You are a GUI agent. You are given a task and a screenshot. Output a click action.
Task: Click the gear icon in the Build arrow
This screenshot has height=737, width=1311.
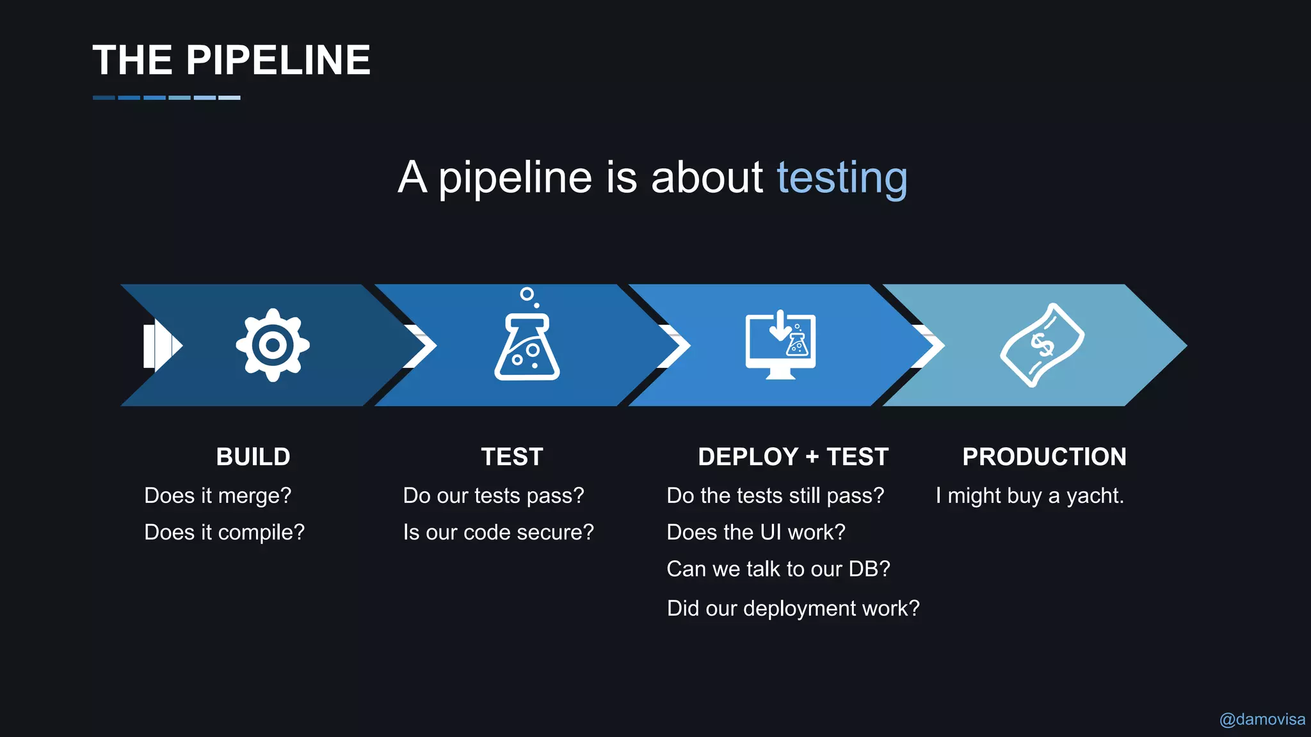click(x=273, y=345)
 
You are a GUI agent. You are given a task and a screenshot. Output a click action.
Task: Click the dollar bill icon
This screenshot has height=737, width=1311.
click(x=1042, y=345)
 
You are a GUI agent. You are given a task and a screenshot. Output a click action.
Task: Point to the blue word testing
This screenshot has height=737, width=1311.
click(x=842, y=177)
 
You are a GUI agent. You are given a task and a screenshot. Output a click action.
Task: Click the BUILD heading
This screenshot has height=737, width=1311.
click(x=253, y=457)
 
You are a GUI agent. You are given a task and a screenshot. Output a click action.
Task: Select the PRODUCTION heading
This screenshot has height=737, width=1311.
click(x=1044, y=457)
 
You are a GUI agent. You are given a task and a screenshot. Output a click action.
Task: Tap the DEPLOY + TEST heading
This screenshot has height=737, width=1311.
click(x=793, y=457)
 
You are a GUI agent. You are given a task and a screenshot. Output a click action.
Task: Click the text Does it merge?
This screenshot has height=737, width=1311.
click(x=218, y=496)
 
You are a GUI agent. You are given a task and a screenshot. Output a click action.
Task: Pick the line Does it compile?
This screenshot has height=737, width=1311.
click(x=224, y=532)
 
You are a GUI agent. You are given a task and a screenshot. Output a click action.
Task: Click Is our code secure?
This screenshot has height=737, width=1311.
click(x=498, y=532)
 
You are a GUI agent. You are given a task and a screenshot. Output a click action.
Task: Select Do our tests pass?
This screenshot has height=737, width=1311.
click(x=494, y=496)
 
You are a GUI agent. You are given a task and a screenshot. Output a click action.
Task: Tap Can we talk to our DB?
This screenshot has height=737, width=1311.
click(x=778, y=569)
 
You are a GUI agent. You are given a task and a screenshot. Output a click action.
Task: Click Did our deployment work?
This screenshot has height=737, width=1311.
click(x=792, y=608)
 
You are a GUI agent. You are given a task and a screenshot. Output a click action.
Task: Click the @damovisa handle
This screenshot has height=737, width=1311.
click(x=1262, y=720)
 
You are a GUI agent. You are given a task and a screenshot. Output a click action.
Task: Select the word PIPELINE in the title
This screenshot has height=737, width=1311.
click(x=278, y=61)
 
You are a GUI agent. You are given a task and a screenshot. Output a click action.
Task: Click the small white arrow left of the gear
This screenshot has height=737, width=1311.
click(x=161, y=346)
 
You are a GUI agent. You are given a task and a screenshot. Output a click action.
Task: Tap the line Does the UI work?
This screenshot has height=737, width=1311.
click(x=755, y=532)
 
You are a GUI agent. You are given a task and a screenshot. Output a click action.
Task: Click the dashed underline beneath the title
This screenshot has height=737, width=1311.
click(x=166, y=98)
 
